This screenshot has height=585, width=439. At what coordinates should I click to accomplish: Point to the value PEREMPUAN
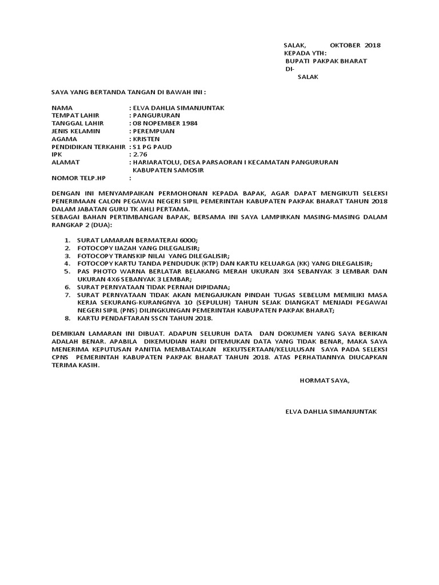155,131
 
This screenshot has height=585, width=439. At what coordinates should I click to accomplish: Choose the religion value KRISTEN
146,139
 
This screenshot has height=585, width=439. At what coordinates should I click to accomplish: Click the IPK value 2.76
139,154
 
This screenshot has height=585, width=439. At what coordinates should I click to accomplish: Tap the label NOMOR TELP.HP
79,178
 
